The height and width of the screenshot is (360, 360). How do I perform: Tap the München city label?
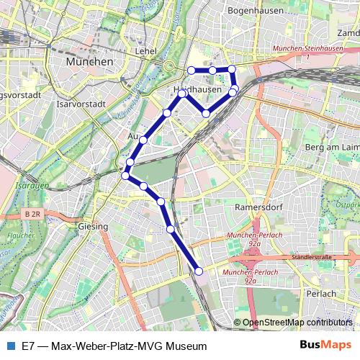89,63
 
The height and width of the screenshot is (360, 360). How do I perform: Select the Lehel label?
146,51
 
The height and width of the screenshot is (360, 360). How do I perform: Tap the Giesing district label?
93,227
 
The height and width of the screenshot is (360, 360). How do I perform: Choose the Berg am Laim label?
332,148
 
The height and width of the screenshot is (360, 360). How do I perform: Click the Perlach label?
320,294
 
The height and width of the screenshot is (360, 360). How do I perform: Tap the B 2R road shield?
31,215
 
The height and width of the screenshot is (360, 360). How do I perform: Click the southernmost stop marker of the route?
199,271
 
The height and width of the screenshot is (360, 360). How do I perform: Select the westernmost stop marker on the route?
126,175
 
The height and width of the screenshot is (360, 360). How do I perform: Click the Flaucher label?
15,235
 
